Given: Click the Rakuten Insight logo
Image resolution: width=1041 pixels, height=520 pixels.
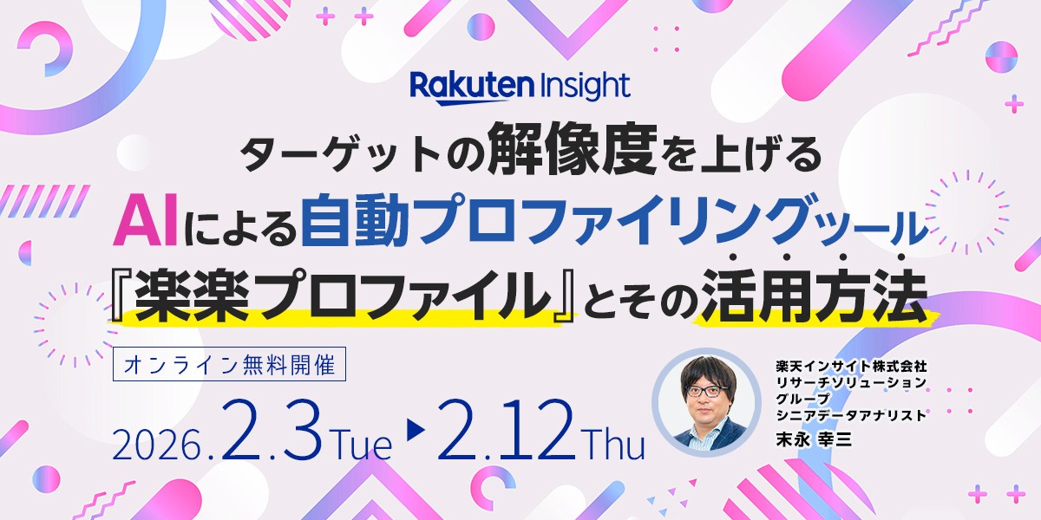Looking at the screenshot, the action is (520, 88).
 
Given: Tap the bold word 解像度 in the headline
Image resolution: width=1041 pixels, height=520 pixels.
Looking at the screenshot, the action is (573, 149).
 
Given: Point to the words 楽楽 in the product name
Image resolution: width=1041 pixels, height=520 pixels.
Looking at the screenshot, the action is (192, 296).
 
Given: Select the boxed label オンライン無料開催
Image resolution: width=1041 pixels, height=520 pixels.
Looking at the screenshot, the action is (230, 365).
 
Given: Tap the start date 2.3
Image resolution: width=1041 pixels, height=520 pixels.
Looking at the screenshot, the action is (271, 430).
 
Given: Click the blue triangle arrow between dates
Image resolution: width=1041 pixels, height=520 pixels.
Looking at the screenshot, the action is (416, 430).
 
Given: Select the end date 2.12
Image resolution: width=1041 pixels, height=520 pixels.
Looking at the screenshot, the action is (504, 430).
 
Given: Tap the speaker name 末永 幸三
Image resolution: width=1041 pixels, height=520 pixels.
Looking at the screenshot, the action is (814, 439).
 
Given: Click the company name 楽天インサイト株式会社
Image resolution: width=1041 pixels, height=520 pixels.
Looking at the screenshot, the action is (851, 367).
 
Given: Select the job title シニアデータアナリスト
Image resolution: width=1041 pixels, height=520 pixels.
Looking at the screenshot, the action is (851, 414).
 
